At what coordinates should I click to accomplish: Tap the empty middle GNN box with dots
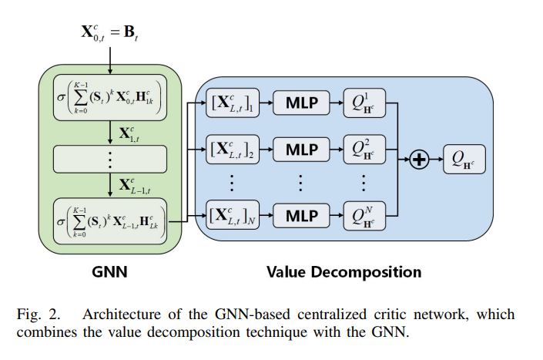tap(110, 159)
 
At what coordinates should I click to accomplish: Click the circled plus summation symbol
tap(418, 159)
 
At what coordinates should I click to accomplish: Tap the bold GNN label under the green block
tap(110, 272)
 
